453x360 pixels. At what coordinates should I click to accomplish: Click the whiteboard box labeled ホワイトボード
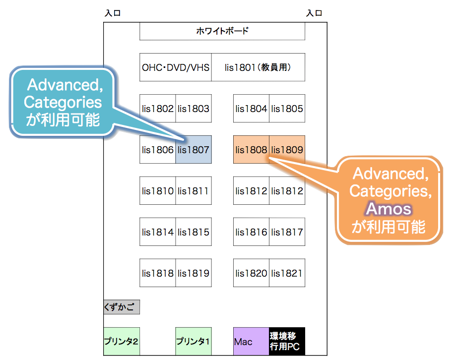pos(222,31)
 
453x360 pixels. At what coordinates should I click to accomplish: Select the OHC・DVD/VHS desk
pos(175,67)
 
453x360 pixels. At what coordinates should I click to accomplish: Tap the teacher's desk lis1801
pos(259,67)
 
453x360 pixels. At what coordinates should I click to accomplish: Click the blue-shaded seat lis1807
pos(194,150)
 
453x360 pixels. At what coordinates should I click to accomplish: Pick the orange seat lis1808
pos(252,150)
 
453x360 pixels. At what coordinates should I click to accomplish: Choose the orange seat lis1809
pos(287,150)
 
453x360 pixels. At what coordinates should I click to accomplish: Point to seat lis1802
pos(157,109)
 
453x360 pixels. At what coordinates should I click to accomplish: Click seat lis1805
pos(287,109)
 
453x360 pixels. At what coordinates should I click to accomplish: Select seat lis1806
pos(157,150)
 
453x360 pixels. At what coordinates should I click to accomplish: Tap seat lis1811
pos(194,191)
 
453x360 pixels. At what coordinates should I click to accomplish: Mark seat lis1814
pos(157,232)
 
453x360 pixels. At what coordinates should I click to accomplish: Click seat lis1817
pos(287,232)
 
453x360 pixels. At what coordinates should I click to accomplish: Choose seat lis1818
pos(157,273)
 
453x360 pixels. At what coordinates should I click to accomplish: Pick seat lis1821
pos(287,273)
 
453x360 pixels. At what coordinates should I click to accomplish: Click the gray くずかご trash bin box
pos(122,307)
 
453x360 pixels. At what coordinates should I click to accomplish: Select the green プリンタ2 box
pos(122,341)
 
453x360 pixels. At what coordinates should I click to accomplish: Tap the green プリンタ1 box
pos(194,341)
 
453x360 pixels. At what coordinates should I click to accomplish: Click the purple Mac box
pos(252,341)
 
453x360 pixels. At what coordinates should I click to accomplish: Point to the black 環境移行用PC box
pos(287,341)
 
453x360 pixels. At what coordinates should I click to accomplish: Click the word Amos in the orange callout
pos(389,209)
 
